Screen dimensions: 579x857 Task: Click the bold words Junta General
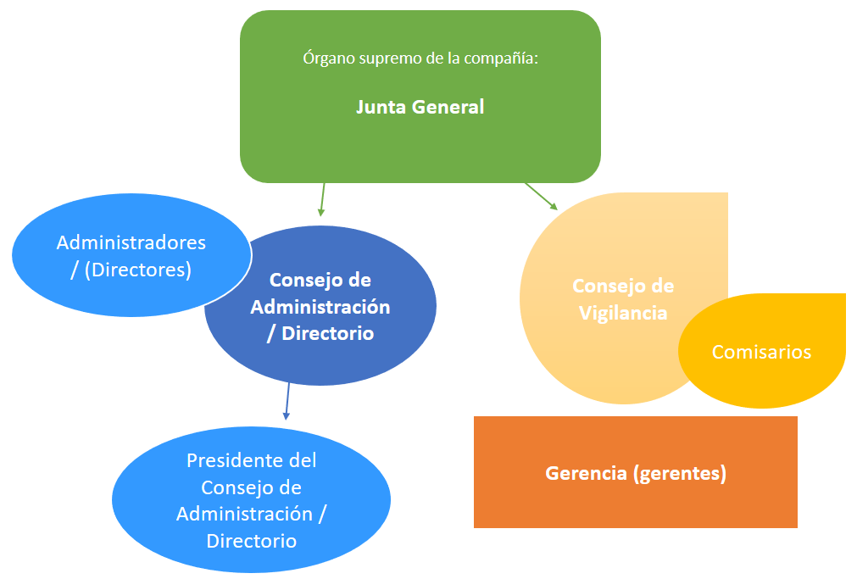click(420, 108)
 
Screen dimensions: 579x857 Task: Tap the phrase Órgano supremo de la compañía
click(420, 59)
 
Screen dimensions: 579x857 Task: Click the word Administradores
click(131, 242)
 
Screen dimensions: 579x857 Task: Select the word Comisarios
click(761, 352)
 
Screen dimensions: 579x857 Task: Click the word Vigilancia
click(623, 313)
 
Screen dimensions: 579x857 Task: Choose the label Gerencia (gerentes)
click(636, 473)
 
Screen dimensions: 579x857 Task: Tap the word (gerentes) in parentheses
click(680, 473)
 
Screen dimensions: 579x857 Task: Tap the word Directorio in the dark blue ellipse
click(327, 333)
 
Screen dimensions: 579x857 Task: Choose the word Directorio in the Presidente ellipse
click(251, 541)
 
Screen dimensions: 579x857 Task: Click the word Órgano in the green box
click(326, 59)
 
